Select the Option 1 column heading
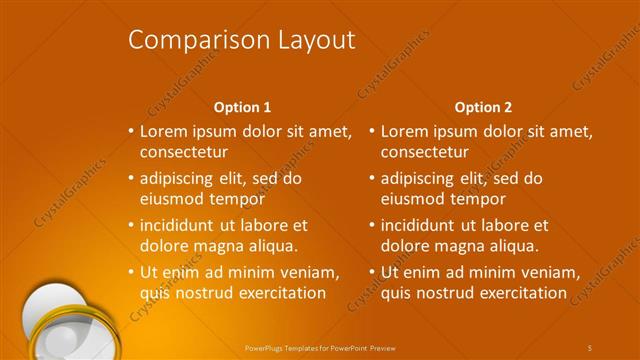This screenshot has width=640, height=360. [242, 106]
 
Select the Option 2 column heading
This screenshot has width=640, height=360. [483, 106]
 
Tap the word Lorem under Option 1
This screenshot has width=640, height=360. [164, 130]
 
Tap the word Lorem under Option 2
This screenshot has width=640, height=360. [405, 130]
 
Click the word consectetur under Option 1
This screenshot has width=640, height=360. [184, 152]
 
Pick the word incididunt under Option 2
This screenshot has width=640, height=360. [423, 225]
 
